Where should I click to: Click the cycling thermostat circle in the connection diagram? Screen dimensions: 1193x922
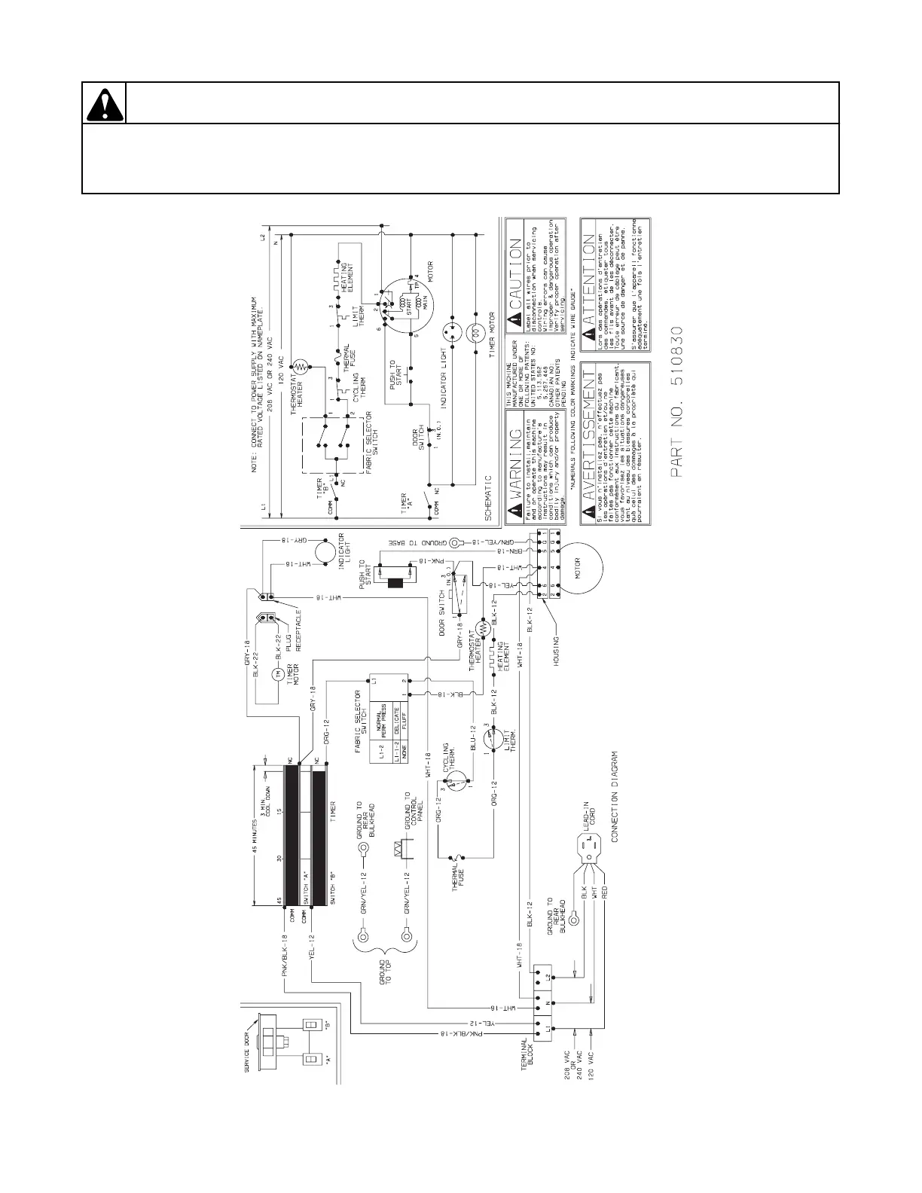tap(456, 783)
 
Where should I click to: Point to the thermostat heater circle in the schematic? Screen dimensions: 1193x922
tap(300, 367)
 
